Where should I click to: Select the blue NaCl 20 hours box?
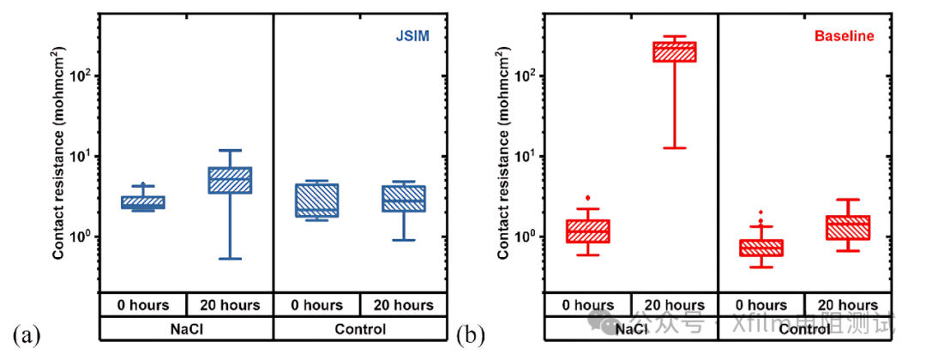[230, 180]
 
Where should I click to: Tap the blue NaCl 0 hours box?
[142, 202]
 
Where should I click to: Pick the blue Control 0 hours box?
[316, 200]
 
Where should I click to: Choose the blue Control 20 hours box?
[404, 199]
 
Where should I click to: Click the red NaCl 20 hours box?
[675, 52]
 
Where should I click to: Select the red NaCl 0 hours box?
[587, 231]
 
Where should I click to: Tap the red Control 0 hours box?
[761, 248]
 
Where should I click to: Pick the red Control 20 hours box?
[848, 227]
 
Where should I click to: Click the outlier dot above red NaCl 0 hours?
[587, 198]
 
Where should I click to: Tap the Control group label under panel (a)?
[360, 328]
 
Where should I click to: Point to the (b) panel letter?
[470, 333]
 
